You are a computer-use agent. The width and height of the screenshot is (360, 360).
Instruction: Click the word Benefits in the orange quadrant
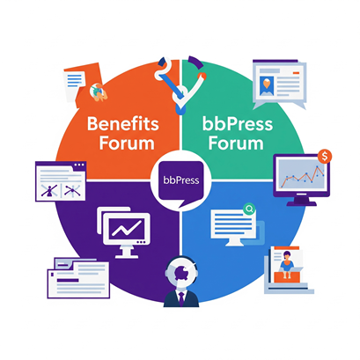click(123, 124)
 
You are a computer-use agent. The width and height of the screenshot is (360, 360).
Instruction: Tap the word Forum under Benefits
click(127, 143)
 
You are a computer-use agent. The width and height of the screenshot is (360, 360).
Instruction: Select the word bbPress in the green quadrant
click(238, 124)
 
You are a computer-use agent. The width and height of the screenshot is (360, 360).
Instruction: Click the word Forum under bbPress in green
click(236, 143)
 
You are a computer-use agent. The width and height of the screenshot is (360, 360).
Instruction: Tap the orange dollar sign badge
click(325, 157)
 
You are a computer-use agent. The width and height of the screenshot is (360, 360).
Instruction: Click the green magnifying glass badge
click(249, 209)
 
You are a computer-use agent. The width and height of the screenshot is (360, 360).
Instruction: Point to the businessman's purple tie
click(181, 299)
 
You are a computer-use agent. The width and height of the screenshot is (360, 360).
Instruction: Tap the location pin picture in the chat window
click(267, 85)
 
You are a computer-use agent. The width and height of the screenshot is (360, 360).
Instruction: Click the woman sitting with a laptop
click(287, 264)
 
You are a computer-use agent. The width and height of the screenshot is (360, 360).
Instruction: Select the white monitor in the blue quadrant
click(233, 227)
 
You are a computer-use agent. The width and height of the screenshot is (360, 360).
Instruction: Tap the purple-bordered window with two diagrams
click(61, 181)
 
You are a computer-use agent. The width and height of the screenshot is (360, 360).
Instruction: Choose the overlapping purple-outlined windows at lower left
click(78, 278)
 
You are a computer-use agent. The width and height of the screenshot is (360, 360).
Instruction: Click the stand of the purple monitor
click(301, 201)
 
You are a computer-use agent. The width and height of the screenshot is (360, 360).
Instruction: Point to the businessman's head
click(181, 272)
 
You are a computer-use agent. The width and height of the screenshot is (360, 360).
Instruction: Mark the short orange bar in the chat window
click(297, 72)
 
